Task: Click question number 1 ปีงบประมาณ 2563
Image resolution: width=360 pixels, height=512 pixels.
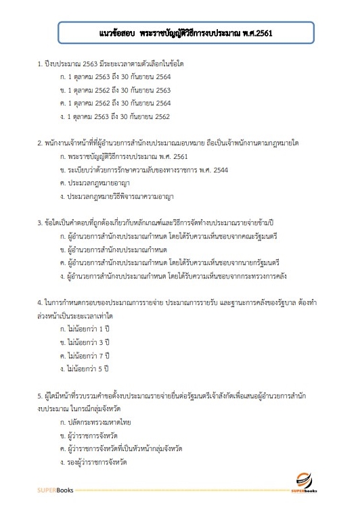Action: point(111,63)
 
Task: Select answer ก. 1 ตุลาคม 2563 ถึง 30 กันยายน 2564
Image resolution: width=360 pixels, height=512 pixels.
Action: point(115,76)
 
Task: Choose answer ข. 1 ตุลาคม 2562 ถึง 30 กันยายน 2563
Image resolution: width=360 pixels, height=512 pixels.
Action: point(115,89)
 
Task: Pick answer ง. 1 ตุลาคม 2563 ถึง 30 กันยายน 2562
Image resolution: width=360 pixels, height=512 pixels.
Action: point(115,116)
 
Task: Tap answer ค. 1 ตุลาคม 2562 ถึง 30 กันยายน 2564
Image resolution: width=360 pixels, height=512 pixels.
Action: point(115,103)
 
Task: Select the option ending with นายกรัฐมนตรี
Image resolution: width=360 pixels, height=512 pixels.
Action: point(170,262)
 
